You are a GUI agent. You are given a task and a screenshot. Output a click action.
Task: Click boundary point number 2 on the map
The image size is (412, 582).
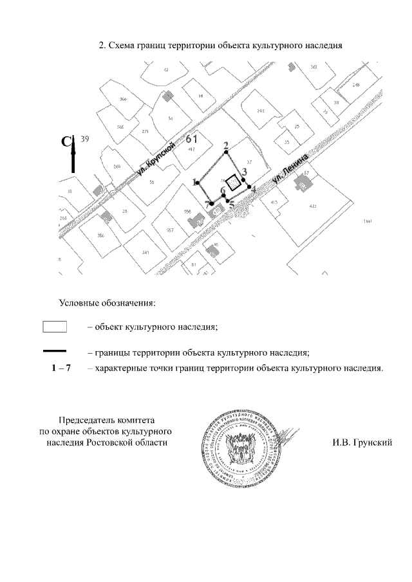tap(225, 152)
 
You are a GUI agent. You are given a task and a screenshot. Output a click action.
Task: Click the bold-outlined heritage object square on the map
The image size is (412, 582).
tap(236, 183)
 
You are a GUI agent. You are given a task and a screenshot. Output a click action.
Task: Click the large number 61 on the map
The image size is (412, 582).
tap(192, 138)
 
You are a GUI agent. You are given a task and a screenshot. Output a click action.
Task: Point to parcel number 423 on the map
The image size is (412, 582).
tap(313, 206)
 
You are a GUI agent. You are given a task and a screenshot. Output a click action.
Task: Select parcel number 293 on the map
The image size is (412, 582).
tap(260, 111)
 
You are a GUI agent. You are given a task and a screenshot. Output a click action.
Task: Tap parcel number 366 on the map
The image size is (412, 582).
tap(123, 98)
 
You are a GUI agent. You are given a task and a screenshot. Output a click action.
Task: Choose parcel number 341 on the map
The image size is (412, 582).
tap(145, 252)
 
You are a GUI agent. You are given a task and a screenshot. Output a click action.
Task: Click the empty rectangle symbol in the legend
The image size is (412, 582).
tap(55, 326)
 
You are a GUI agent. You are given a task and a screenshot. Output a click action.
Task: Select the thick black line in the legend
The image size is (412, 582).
tap(55, 351)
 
